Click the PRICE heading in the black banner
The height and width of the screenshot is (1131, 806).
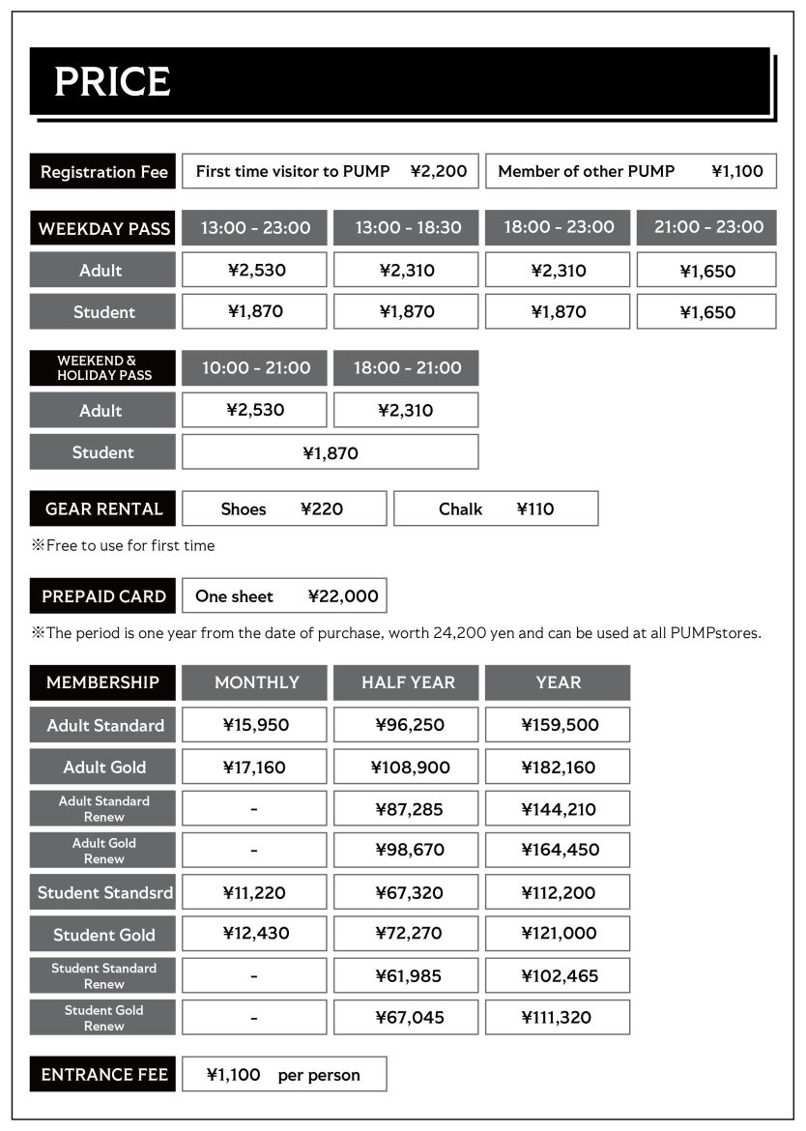click(112, 82)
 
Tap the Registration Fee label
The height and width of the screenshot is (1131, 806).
click(103, 172)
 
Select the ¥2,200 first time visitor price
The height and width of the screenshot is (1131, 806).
click(438, 171)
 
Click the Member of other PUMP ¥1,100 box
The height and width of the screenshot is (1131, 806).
click(630, 171)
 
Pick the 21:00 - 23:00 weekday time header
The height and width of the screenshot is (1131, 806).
click(708, 227)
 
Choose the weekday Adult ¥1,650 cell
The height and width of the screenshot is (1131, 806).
click(706, 271)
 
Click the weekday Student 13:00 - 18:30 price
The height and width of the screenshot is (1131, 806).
click(406, 311)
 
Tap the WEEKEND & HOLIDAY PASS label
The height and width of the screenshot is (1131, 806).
click(103, 368)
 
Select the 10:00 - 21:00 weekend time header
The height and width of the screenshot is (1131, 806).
click(255, 367)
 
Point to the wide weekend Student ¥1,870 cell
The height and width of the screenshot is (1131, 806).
click(331, 451)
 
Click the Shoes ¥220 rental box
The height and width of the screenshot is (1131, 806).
click(283, 508)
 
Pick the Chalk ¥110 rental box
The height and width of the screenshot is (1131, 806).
click(496, 508)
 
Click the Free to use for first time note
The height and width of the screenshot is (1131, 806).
click(124, 545)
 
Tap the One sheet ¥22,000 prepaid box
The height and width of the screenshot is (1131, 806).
click(285, 595)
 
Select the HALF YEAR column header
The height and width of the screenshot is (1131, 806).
click(407, 682)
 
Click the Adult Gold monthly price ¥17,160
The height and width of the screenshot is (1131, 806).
click(254, 767)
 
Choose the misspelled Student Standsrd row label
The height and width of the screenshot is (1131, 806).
click(104, 892)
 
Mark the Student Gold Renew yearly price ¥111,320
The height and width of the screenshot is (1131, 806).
click(558, 1017)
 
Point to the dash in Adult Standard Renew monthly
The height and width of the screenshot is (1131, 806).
click(253, 809)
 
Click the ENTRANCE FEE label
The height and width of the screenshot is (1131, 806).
click(104, 1074)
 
